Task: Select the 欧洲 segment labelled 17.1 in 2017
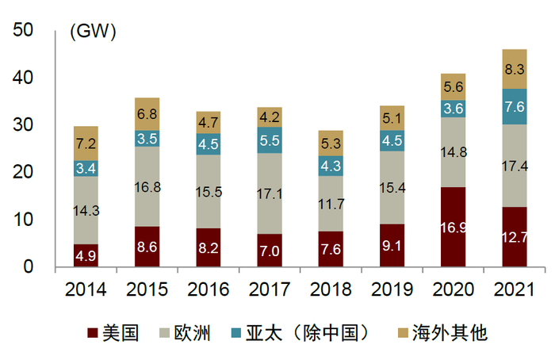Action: [x=270, y=193]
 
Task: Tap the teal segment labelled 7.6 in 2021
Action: [x=514, y=106]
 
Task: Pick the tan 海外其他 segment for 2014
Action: [x=86, y=143]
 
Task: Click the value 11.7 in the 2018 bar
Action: [x=331, y=203]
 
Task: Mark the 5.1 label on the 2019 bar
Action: [x=392, y=118]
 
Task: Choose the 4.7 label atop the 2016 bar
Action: [x=209, y=122]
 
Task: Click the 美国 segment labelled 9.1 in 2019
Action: [x=392, y=246]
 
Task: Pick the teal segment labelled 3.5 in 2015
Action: [x=147, y=138]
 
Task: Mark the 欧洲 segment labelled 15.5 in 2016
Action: [x=209, y=192]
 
